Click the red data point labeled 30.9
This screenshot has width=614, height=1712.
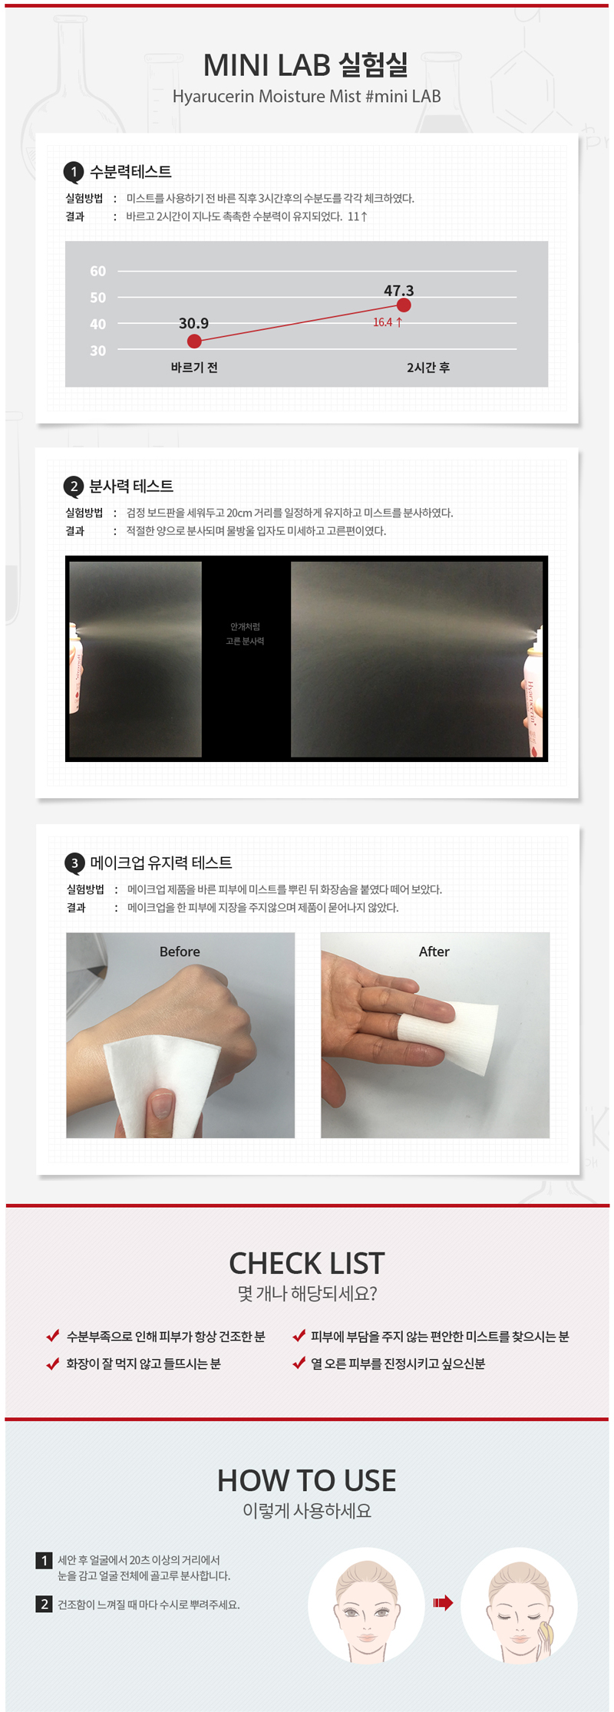pos(194,341)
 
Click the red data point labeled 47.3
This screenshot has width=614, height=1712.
pos(404,305)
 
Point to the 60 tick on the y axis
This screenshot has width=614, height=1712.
pos(98,271)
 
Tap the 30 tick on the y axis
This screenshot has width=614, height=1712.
pos(98,351)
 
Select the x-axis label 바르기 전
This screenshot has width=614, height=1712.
pos(194,368)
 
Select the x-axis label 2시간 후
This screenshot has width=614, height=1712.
pos(428,368)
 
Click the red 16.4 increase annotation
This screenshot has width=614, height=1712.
pos(388,322)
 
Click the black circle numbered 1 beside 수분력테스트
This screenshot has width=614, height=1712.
pos(74,172)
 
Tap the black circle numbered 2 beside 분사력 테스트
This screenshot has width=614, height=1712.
pos(74,486)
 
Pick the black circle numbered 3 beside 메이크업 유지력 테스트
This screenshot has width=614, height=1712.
pos(74,863)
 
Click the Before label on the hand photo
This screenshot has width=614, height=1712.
pos(180,952)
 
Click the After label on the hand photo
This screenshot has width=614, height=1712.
pos(434,952)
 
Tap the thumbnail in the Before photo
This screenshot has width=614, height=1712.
pos(161,1104)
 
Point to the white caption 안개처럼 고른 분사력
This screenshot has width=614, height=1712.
pos(245,634)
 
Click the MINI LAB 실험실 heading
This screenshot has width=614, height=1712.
pos(306,65)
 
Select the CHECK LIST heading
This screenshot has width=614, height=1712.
pos(307,1263)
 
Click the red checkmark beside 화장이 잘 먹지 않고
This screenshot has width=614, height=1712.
pos(53,1364)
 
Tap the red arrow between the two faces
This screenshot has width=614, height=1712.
pos(443,1602)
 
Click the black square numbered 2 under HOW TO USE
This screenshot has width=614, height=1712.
pos(44,1604)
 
